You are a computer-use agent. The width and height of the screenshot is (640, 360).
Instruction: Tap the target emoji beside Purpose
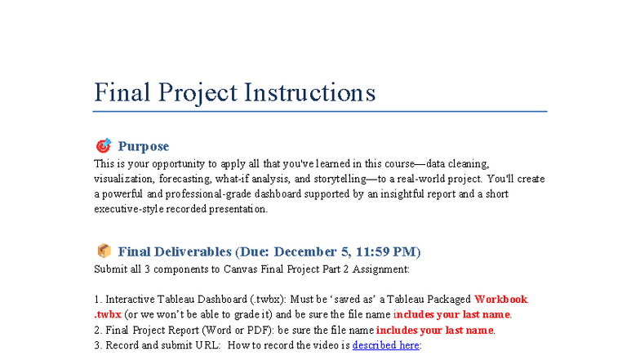pos(103,146)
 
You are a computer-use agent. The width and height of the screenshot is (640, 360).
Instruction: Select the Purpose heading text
pos(144,146)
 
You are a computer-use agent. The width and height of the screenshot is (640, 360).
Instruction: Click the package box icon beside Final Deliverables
pos(103,251)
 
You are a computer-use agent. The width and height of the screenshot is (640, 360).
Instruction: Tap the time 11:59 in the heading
pos(366,251)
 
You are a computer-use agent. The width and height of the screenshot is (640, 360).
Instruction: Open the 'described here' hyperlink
pos(385,345)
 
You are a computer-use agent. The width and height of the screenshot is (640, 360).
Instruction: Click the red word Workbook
pos(501,300)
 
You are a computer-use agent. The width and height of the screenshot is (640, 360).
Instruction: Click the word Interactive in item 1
pos(131,300)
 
